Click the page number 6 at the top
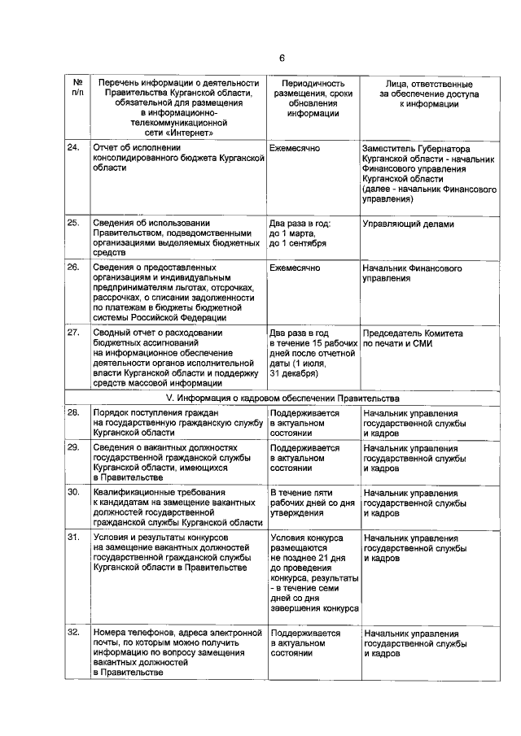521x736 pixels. click(282, 58)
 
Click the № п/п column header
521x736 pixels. click(77, 89)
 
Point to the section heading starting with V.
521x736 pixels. click(282, 398)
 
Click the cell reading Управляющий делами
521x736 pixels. click(408, 223)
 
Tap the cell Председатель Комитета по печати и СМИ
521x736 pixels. click(413, 338)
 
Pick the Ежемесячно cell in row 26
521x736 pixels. click(294, 268)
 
